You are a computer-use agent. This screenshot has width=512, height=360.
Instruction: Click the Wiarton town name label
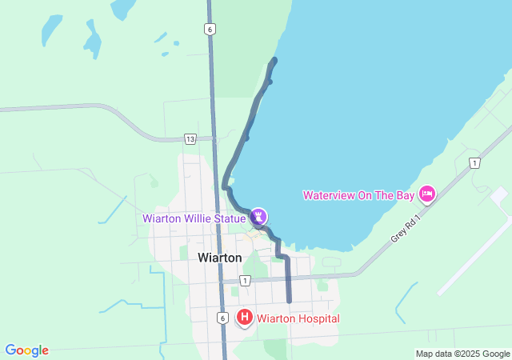(x=219, y=258)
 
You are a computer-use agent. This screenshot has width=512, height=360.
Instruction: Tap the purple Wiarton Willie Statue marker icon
(x=259, y=216)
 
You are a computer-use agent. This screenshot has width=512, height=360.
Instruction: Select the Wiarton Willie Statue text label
(x=194, y=218)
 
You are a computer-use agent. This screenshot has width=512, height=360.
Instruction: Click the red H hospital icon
(x=245, y=318)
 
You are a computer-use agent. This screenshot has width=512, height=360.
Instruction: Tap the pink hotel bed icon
(x=427, y=194)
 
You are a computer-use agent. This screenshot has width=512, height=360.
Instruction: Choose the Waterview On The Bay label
(x=358, y=194)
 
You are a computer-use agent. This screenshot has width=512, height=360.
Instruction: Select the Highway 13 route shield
(x=190, y=139)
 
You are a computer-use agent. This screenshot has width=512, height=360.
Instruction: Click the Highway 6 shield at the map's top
(x=210, y=30)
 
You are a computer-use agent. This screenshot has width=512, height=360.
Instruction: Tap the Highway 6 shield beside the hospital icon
(x=222, y=318)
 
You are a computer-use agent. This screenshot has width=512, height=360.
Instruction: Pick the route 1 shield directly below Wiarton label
(x=245, y=280)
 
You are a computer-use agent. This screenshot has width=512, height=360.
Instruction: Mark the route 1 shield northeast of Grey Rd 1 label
(x=475, y=164)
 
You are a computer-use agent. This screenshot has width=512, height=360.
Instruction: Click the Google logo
(x=26, y=350)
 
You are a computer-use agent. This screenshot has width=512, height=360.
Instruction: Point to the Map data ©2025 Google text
(x=462, y=354)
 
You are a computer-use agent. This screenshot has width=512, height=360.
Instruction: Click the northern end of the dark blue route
(x=275, y=60)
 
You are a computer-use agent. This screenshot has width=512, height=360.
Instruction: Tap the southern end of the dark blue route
(x=288, y=301)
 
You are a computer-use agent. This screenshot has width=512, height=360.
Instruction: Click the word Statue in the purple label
(x=230, y=218)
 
